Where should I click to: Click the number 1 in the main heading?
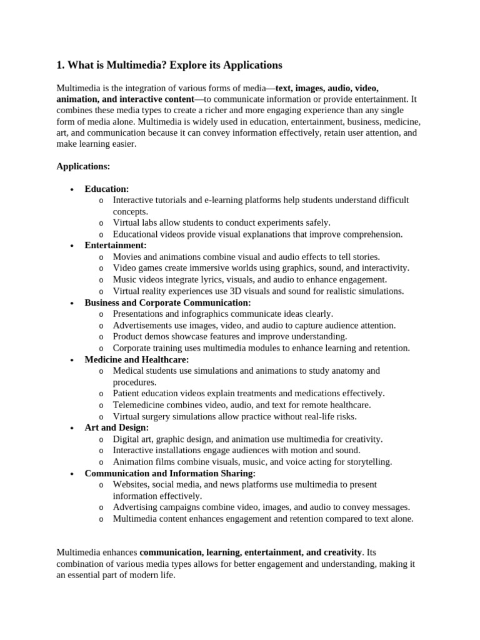(59, 65)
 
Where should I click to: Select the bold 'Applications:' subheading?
(83, 166)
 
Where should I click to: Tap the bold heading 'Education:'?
(107, 189)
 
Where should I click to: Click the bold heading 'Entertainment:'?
(116, 246)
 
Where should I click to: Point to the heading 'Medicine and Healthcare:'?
(137, 359)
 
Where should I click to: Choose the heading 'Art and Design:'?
(117, 427)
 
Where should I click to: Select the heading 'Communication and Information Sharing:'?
(170, 473)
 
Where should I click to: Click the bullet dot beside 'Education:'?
(72, 189)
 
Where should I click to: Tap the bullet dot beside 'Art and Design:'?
(72, 428)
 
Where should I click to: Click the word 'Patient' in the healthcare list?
(127, 394)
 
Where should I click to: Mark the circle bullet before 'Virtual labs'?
(101, 223)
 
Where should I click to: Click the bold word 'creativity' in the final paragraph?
(341, 552)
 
